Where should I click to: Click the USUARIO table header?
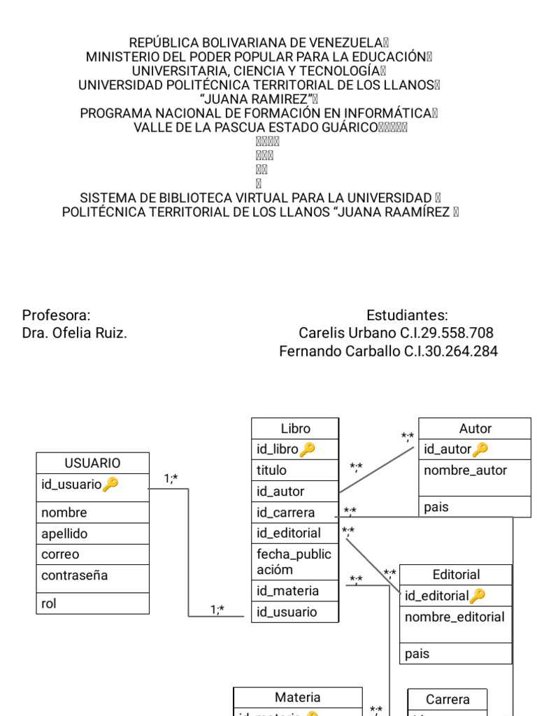point(92,463)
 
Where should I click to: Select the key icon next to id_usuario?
point(110,484)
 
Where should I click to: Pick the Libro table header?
point(295,429)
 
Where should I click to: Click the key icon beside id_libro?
point(307,449)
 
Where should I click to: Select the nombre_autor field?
point(465,470)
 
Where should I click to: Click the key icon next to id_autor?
point(480,449)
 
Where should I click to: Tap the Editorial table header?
point(456,575)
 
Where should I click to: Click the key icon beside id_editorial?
point(477,596)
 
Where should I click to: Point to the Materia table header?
point(297,697)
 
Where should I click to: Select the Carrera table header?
point(447,699)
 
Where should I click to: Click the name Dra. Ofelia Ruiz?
point(75,334)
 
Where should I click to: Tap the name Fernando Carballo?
point(340,352)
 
